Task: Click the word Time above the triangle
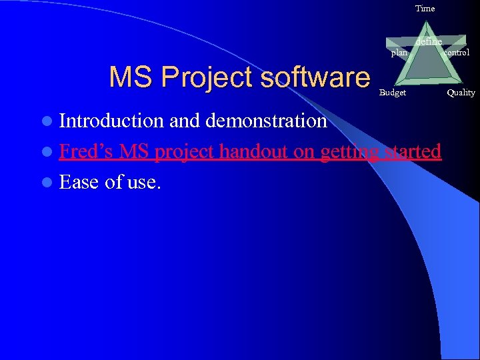pos(425,9)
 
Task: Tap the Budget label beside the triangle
pos(392,93)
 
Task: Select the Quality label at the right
pos(461,93)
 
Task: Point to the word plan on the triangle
pos(399,53)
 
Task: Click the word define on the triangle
pos(429,42)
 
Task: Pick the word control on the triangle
pos(457,52)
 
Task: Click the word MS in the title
pos(127,77)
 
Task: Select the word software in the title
pos(315,77)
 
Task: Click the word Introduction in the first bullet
pos(111,121)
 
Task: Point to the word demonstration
pos(266,121)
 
